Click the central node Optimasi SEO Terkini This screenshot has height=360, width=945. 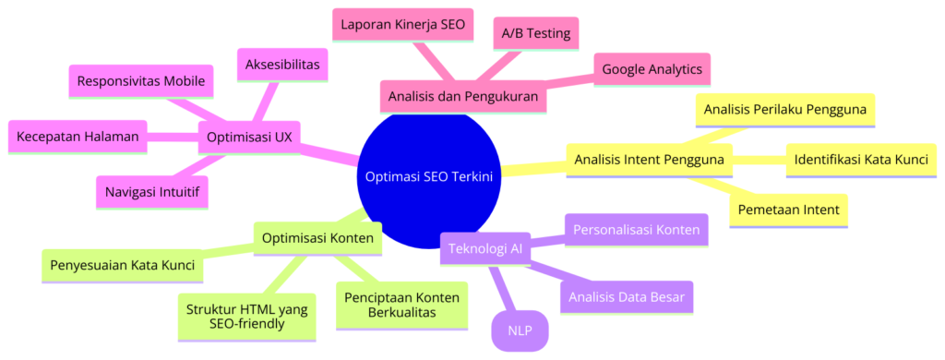[x=430, y=176]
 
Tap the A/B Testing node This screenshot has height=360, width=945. [x=535, y=34]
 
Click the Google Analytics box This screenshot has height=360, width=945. [x=651, y=68]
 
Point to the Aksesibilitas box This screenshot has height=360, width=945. [x=284, y=66]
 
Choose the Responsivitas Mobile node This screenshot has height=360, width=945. [x=142, y=80]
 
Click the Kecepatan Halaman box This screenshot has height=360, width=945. [x=78, y=138]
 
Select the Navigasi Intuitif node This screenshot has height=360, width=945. [x=151, y=191]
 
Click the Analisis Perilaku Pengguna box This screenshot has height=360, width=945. [x=784, y=110]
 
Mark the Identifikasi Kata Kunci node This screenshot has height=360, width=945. [x=861, y=160]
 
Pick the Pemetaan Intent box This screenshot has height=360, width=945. [x=790, y=210]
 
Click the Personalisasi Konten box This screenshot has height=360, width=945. [x=636, y=229]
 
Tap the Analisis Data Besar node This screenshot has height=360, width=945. [x=628, y=296]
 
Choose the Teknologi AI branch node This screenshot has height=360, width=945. [x=485, y=248]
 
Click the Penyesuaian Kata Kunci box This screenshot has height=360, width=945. [x=121, y=266]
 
